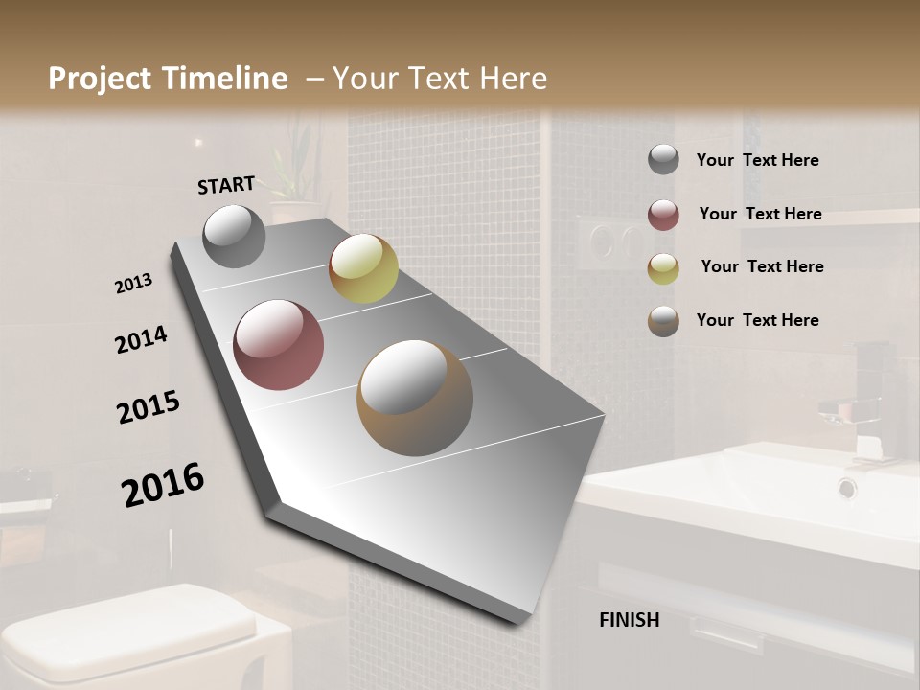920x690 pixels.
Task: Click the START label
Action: click(226, 185)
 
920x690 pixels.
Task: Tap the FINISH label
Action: click(629, 620)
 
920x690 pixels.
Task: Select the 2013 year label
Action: click(133, 284)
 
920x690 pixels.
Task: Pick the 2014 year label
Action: click(141, 340)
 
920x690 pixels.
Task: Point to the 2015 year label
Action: click(149, 407)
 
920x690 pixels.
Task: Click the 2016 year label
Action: click(163, 485)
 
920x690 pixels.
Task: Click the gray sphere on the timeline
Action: click(234, 236)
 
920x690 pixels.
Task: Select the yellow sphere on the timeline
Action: click(363, 268)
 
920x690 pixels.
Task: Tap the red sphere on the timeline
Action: click(279, 345)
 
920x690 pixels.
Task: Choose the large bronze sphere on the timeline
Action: click(414, 398)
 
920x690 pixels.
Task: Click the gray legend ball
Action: click(663, 160)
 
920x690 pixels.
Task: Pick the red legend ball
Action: click(663, 215)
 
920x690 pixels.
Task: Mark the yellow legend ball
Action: click(663, 268)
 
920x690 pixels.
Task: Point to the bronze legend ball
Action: click(663, 321)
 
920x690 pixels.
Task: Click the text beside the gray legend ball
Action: click(757, 161)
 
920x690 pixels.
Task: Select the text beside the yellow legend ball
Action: click(762, 266)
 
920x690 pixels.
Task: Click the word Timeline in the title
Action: click(224, 79)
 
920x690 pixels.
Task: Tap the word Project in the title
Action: click(100, 79)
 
